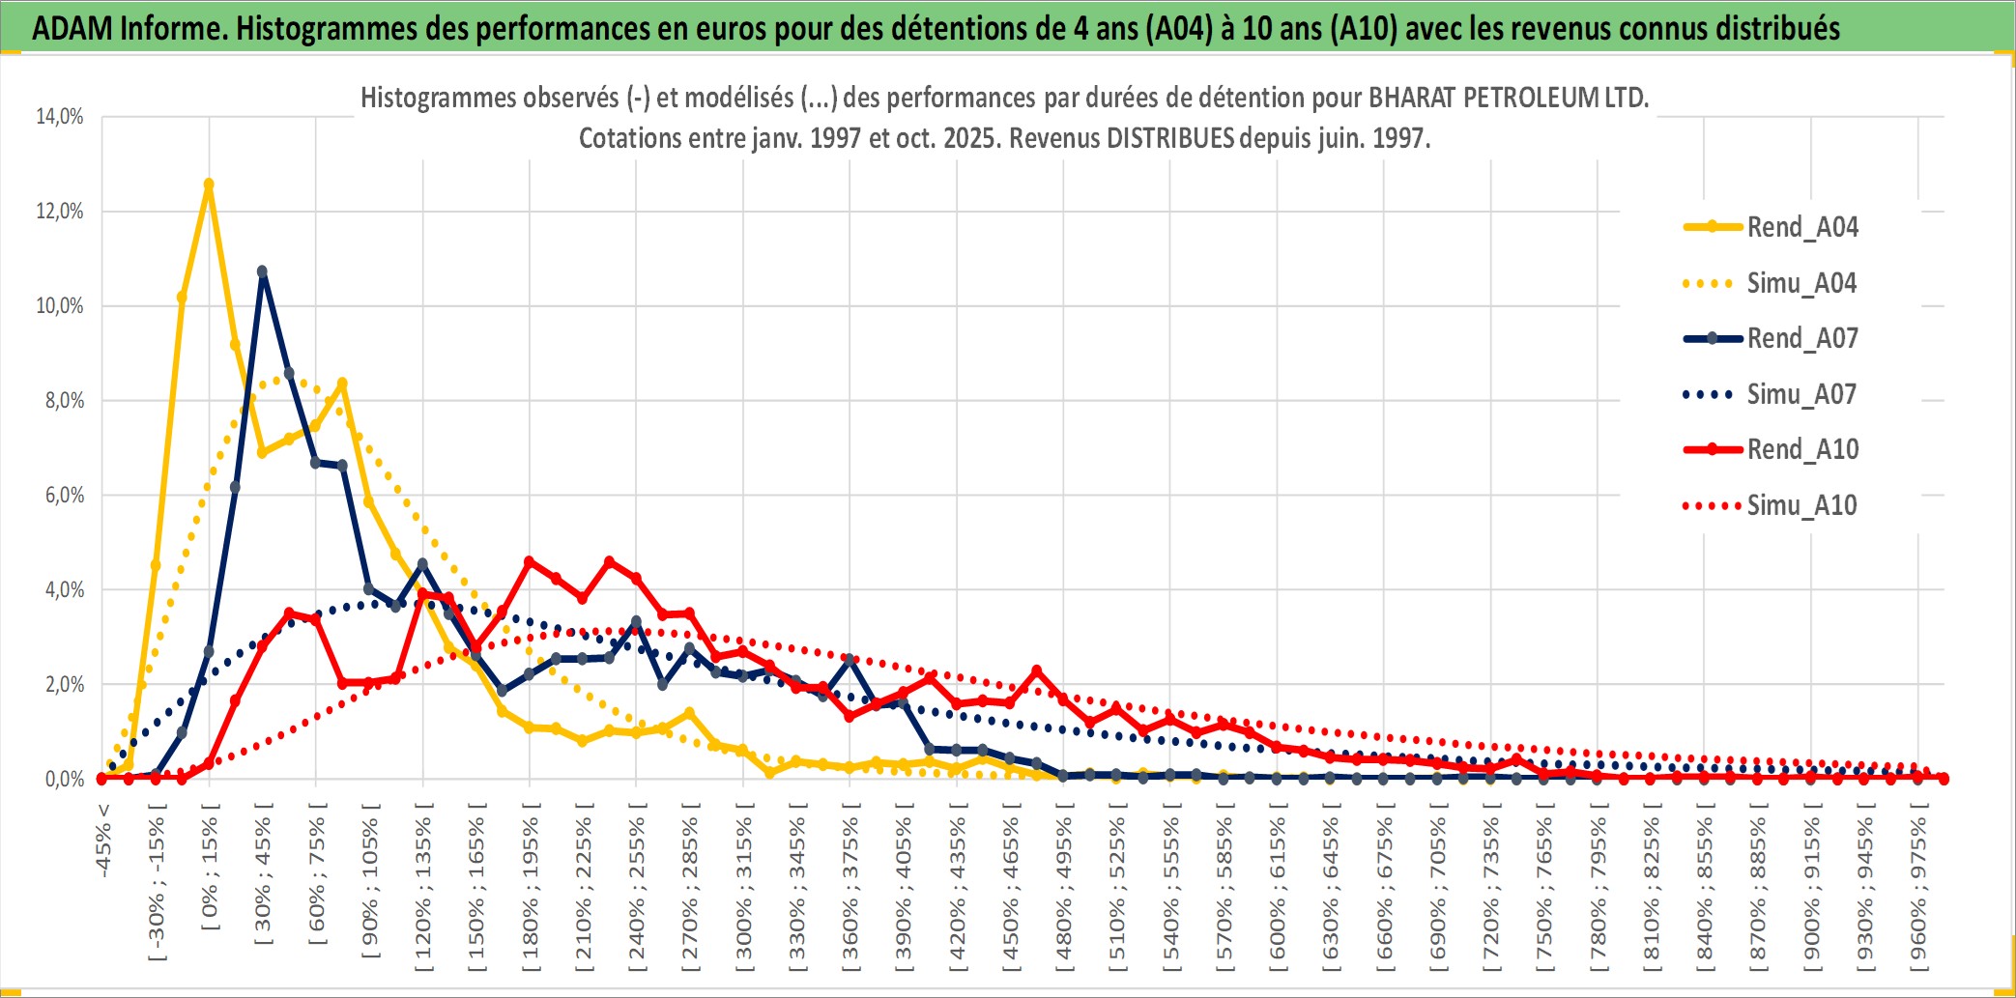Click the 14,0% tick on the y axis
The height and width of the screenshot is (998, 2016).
point(60,117)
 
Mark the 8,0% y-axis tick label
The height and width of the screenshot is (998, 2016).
point(64,400)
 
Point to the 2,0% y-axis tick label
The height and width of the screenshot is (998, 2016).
point(64,684)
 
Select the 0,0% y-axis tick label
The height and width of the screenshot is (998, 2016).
point(64,779)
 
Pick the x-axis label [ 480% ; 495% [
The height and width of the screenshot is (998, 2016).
point(1064,888)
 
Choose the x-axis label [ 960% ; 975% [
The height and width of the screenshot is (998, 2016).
point(1918,888)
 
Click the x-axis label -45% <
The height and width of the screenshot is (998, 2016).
point(103,841)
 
